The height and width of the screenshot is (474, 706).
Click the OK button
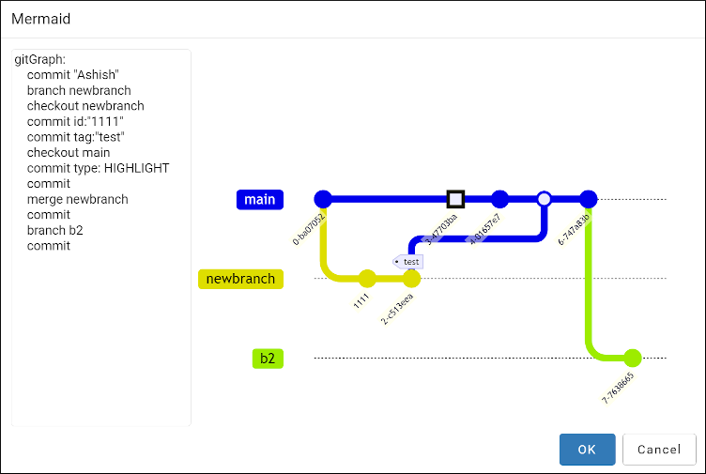tap(587, 450)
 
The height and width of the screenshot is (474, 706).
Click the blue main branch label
tap(260, 199)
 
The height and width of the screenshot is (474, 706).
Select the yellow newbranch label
tap(240, 279)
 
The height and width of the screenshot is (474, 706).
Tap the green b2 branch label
tap(268, 359)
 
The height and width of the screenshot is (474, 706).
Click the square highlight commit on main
tap(455, 199)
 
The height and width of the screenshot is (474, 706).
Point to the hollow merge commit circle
tap(544, 199)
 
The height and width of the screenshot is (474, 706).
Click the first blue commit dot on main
tap(323, 199)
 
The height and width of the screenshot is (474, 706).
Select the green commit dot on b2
tap(632, 358)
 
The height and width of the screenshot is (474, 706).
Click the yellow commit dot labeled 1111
tap(367, 278)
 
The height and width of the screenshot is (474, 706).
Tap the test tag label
tap(410, 261)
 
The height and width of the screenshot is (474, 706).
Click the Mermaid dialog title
tap(41, 19)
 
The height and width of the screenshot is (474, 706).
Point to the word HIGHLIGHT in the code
tap(136, 168)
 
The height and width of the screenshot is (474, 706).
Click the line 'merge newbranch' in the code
tap(77, 199)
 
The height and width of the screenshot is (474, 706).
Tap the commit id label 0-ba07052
tap(309, 229)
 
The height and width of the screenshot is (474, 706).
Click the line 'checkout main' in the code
tap(69, 152)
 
